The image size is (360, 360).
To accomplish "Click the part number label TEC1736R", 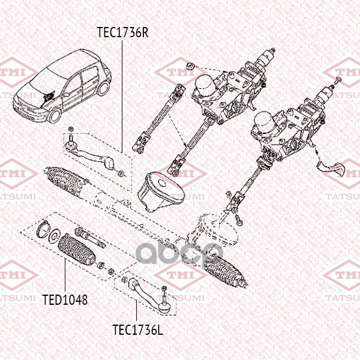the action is pos(122,32).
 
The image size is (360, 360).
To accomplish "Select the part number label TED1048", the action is pos(65,299).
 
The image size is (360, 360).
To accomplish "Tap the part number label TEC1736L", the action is pos(137,329).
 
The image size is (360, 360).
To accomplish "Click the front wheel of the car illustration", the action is pos(55,115).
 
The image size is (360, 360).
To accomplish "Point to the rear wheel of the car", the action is pos(104,88).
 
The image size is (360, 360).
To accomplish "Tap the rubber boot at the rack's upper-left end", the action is pos(65,182).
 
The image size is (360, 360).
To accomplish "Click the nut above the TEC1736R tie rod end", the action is pos(71,129).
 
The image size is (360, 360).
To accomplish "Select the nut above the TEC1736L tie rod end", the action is pos(164,288).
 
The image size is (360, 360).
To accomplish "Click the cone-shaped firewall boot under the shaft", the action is pos(161,192).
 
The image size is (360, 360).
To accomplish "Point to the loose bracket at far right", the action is pos(331,168).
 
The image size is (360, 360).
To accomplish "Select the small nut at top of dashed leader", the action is pos(190,66).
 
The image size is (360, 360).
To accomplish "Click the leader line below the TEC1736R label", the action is pos(122,97).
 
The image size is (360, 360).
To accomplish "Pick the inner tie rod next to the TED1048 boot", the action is pos(90,238).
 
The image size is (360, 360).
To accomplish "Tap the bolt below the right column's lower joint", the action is pos(239,221).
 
